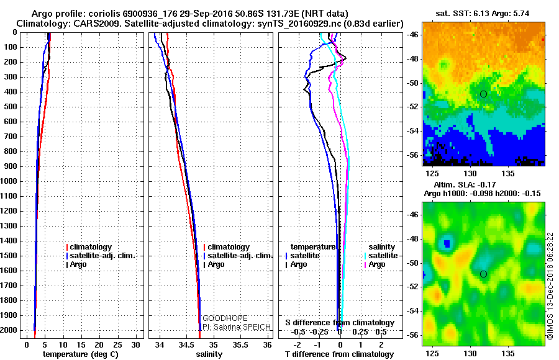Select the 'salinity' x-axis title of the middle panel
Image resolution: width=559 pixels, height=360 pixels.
coord(209,354)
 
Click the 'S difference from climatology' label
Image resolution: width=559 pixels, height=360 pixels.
coord(339,323)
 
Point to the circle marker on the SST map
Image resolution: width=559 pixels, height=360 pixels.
coord(483,94)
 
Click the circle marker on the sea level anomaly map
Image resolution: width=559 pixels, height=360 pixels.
coord(483,274)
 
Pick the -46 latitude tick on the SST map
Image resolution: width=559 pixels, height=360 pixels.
coord(413,35)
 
